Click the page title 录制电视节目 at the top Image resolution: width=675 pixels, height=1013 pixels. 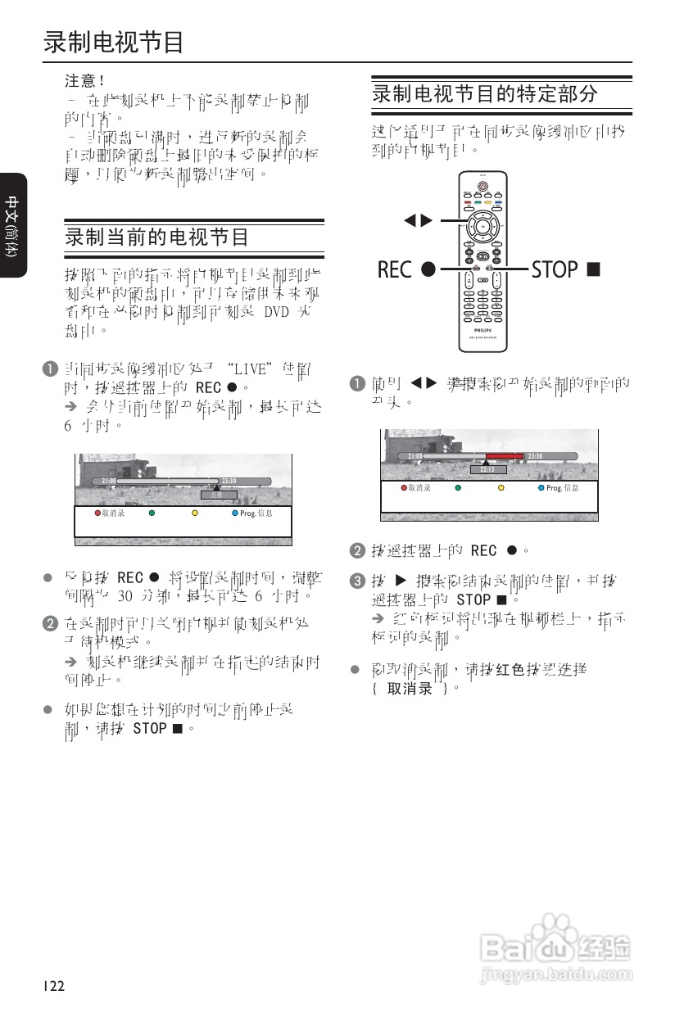pyautogui.click(x=113, y=42)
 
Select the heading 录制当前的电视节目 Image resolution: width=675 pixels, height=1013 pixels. pyautogui.click(x=156, y=237)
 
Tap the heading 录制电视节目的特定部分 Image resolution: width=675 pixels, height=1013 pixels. pyautogui.click(x=485, y=93)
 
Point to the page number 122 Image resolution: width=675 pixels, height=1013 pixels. pyautogui.click(x=54, y=986)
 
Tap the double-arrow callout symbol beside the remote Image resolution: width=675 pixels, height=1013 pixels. pyautogui.click(x=417, y=219)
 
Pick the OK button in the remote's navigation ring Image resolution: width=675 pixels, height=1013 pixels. pyautogui.click(x=482, y=224)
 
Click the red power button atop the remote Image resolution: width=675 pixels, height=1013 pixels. pyautogui.click(x=482, y=185)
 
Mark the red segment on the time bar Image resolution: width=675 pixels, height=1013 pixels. pyautogui.click(x=503, y=456)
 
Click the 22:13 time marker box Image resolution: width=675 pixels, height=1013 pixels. pyautogui.click(x=487, y=469)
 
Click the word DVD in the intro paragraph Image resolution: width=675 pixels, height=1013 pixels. pyautogui.click(x=278, y=313)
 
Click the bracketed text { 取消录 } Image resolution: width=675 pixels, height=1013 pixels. pyautogui.click(x=410, y=688)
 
